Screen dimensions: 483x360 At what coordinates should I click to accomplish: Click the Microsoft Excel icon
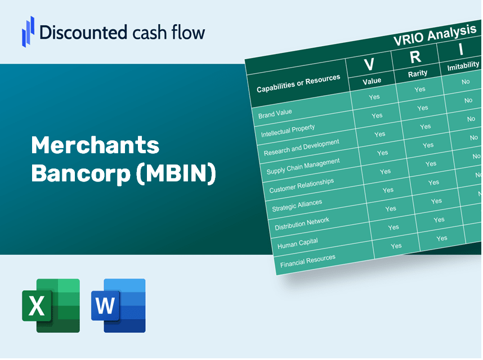[51, 305]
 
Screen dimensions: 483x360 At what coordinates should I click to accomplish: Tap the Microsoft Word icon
[118, 305]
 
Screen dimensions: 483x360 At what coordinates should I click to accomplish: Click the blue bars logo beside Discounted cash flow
[28, 32]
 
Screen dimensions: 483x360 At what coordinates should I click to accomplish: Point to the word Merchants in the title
[95, 145]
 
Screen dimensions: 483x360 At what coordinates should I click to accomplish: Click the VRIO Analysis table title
[435, 35]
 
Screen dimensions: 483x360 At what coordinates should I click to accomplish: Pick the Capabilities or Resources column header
[298, 83]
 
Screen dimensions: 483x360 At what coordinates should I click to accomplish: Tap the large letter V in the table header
[369, 64]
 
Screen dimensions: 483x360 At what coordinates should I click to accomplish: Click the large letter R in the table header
[415, 57]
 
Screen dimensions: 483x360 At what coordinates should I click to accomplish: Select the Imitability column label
[463, 66]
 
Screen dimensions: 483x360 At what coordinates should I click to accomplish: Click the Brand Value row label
[275, 114]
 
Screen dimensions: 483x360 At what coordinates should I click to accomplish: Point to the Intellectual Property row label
[288, 131]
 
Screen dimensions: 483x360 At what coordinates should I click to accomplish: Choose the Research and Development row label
[301, 148]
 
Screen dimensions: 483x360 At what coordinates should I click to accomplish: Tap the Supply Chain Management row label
[303, 166]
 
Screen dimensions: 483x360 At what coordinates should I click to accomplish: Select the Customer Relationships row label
[301, 185]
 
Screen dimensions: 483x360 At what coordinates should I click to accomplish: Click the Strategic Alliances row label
[297, 205]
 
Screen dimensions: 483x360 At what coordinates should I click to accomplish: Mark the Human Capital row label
[298, 243]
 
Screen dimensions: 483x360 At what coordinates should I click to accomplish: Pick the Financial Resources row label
[307, 261]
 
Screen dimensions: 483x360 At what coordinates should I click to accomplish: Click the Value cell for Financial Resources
[396, 246]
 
